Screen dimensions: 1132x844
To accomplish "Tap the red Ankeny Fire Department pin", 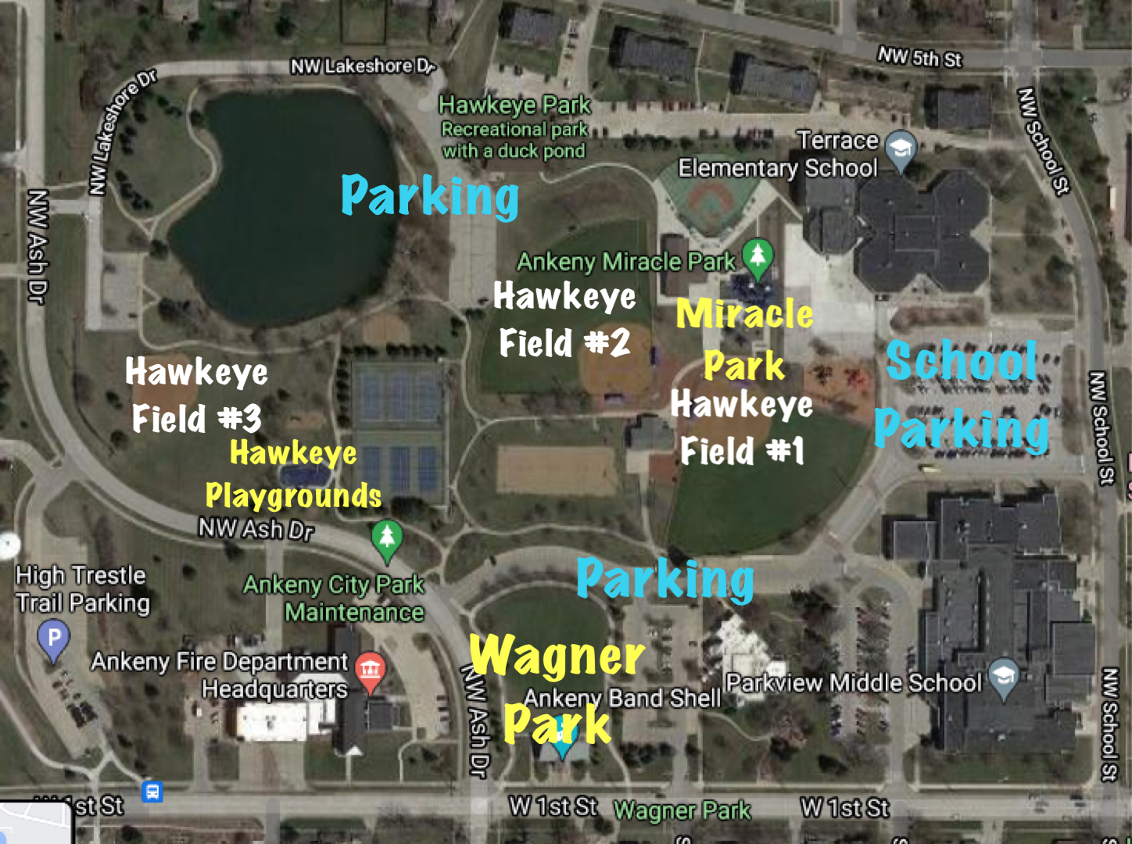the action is pyautogui.click(x=370, y=670).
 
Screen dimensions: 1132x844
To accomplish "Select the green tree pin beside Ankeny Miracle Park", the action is pyautogui.click(x=757, y=256).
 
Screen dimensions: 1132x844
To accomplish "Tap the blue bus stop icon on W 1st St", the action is pyautogui.click(x=152, y=791).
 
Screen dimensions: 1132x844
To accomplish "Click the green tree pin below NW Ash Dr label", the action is pyautogui.click(x=386, y=539).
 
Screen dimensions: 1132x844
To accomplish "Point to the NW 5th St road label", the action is pyautogui.click(x=919, y=57).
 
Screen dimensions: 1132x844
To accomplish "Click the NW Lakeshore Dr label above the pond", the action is pyautogui.click(x=362, y=66).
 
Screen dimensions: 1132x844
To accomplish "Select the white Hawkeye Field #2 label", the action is pyautogui.click(x=564, y=320).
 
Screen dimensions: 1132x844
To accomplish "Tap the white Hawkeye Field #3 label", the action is pyautogui.click(x=196, y=395).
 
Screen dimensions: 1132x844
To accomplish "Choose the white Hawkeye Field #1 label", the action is pyautogui.click(x=741, y=427).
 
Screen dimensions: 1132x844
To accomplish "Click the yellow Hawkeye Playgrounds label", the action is pyautogui.click(x=293, y=474).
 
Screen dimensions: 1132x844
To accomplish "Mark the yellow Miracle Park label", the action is pyautogui.click(x=744, y=339).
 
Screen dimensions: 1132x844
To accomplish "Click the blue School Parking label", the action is pyautogui.click(x=962, y=395).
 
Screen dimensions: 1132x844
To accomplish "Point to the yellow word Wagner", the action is pyautogui.click(x=557, y=655).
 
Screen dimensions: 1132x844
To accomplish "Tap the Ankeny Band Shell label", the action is pyautogui.click(x=622, y=698).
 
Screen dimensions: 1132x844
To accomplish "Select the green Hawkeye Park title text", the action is pyautogui.click(x=514, y=105).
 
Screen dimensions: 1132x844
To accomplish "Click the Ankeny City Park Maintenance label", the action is pyautogui.click(x=334, y=598).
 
